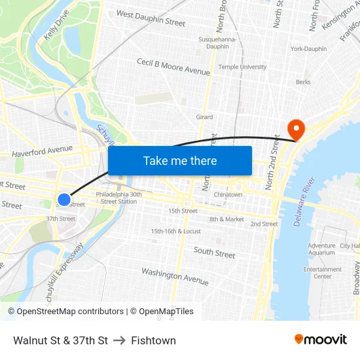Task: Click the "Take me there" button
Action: [x=180, y=160]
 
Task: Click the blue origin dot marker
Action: [x=63, y=200]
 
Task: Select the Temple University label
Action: [x=242, y=67]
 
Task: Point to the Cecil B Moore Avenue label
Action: [x=173, y=66]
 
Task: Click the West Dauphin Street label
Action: [x=151, y=18]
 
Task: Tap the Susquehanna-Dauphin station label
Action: [x=213, y=43]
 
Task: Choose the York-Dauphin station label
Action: [x=308, y=49]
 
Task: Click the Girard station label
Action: [x=204, y=117]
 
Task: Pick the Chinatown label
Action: [x=228, y=194]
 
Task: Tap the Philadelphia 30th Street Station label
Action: [x=118, y=198]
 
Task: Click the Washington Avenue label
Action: [x=175, y=276]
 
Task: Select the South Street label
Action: [x=214, y=252]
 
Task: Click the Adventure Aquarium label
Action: [x=321, y=249]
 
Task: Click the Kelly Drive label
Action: [x=56, y=29]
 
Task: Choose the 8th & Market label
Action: [x=226, y=219]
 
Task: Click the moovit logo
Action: [x=320, y=340]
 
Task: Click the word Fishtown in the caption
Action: [x=153, y=340]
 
